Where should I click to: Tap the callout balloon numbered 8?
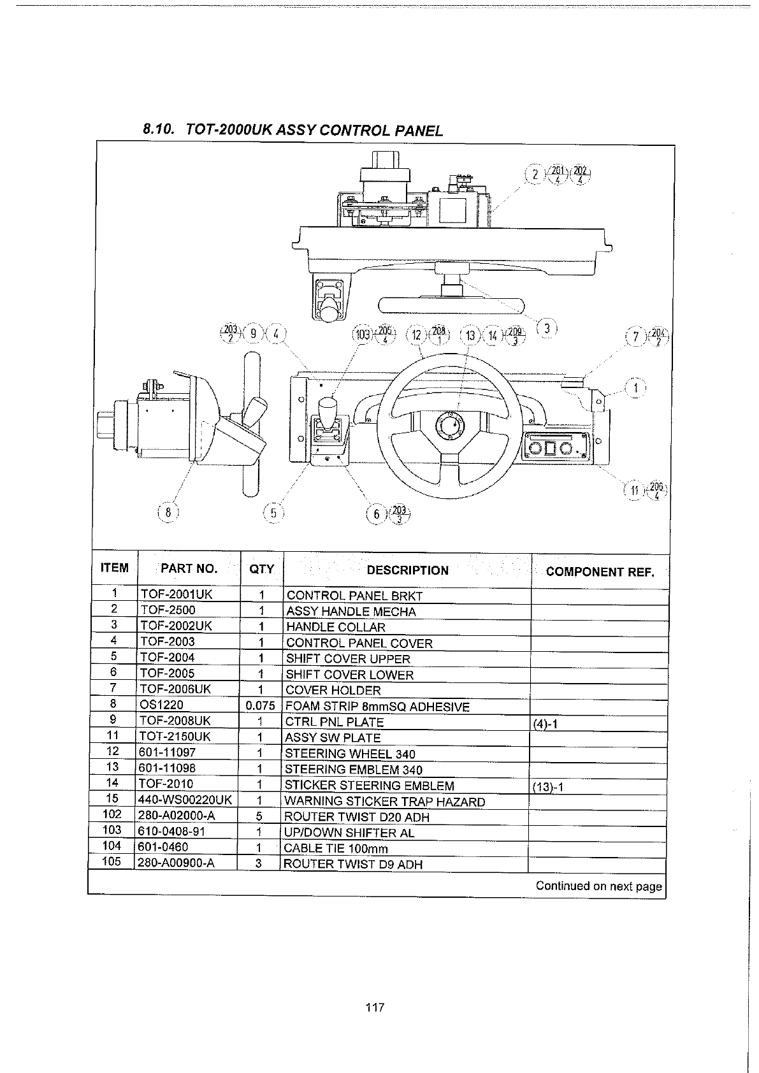[168, 513]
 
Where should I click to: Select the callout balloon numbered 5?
[273, 513]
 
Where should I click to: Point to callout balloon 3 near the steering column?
[547, 329]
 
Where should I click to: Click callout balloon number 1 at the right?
[636, 387]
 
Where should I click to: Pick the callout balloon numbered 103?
[363, 335]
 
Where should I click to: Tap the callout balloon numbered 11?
[635, 490]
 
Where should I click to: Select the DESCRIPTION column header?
[407, 570]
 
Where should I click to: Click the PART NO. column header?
[189, 569]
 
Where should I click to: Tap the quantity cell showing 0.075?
[260, 706]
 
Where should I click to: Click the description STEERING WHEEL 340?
[350, 754]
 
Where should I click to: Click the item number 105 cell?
[112, 863]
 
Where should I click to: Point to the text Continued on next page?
[598, 886]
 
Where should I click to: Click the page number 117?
[375, 1007]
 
